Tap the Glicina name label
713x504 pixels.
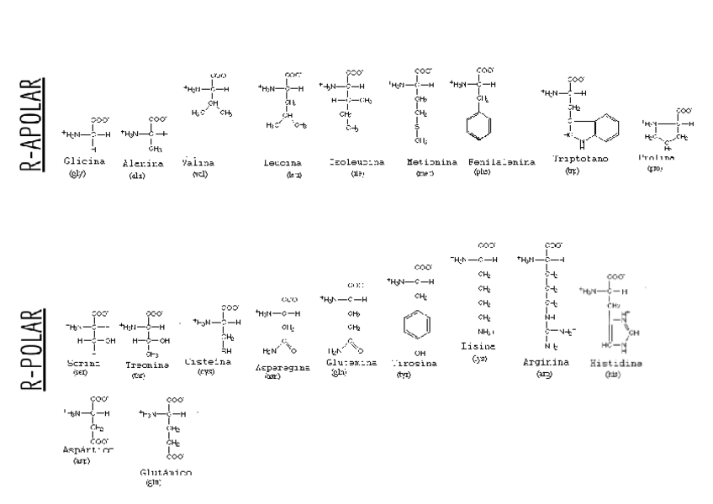tap(84, 160)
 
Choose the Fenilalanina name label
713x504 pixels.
tap(502, 162)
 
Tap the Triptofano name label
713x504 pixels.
tap(581, 159)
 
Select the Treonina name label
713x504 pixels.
tap(148, 365)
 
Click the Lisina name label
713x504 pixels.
tap(478, 346)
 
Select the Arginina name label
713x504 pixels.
tap(546, 362)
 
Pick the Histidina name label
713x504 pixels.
tap(616, 364)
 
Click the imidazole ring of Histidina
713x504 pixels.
tap(621, 330)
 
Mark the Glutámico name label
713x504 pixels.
tap(165, 473)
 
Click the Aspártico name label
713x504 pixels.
tap(87, 450)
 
